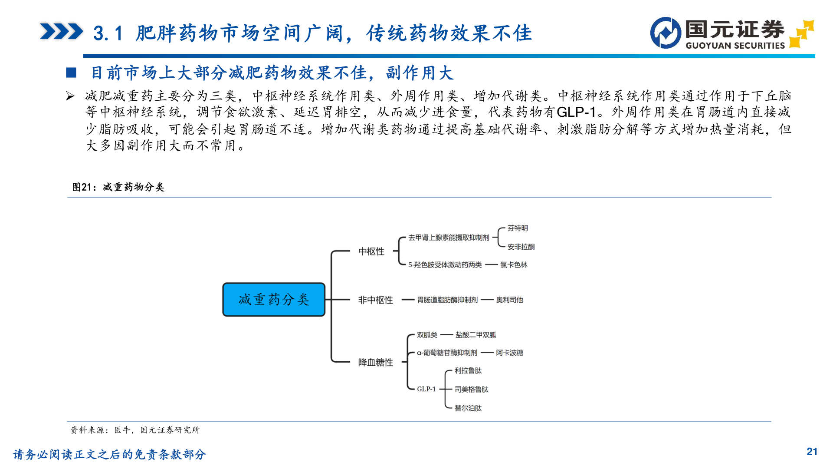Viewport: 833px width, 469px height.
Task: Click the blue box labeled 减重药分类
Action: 274,300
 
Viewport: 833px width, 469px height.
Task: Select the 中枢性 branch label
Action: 371,251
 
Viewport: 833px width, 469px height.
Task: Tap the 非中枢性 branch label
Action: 376,300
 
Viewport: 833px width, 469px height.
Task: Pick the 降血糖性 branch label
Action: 376,362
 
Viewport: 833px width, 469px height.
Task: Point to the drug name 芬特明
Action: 518,228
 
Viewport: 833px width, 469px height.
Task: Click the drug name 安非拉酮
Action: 521,247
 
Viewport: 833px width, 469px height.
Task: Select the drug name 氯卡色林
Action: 514,265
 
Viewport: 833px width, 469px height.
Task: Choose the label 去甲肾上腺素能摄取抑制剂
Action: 449,238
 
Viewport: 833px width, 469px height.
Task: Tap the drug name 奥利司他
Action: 509,300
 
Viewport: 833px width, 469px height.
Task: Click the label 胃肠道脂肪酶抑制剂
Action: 447,300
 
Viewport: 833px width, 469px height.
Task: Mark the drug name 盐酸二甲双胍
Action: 476,335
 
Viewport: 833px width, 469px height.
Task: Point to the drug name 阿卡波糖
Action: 509,353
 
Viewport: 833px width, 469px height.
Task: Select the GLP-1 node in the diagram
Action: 426,389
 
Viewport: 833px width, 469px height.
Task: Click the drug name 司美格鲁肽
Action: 471,390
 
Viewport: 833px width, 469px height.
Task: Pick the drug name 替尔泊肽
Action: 468,408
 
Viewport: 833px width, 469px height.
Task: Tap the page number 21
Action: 812,452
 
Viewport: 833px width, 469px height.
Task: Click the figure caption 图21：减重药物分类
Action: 118,187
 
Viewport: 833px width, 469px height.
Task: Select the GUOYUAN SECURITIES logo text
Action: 735,46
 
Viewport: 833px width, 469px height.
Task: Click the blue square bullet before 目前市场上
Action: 71,73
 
